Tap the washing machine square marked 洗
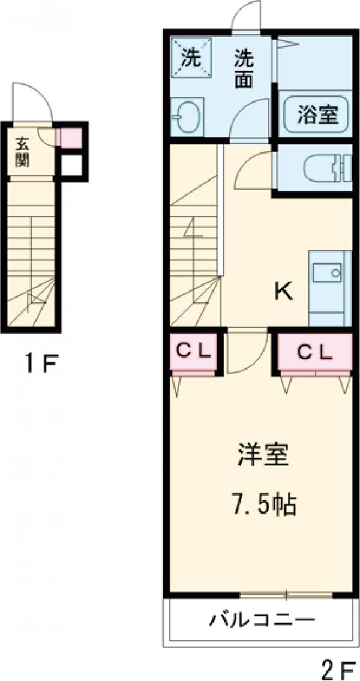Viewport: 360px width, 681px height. tap(191, 58)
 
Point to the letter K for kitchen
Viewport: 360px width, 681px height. tap(283, 292)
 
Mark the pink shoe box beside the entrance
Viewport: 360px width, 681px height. tap(67, 138)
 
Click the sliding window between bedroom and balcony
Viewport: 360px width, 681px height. tap(286, 595)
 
